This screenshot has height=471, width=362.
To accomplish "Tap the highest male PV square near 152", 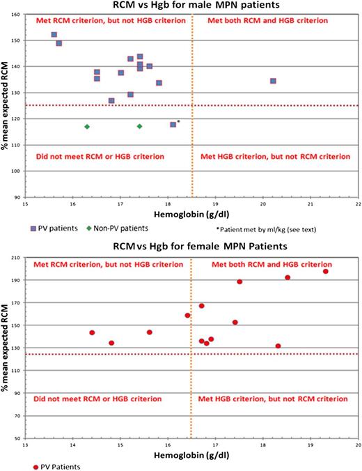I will [54, 35].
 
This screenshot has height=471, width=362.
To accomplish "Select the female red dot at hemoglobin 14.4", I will [92, 333].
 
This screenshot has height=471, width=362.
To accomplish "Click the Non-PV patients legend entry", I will [111, 227].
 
